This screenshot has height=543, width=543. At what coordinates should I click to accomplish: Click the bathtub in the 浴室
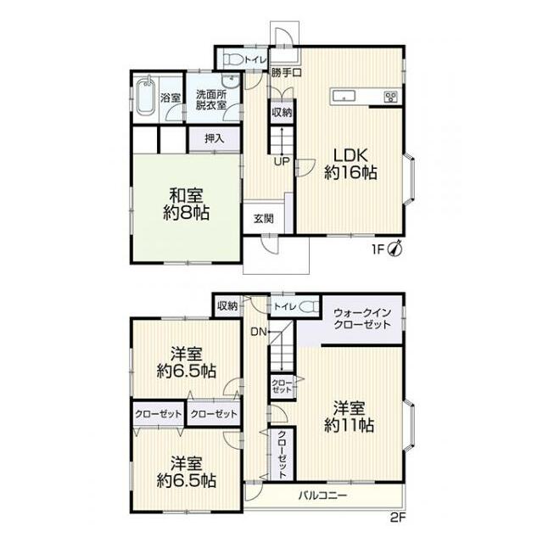[x=145, y=96]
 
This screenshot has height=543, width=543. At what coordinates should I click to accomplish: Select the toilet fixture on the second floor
[x=309, y=307]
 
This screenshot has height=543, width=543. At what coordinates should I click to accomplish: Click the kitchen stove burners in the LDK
[x=391, y=96]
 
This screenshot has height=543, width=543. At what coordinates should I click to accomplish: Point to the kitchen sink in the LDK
[x=344, y=96]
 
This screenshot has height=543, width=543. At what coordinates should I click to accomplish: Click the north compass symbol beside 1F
[x=395, y=249]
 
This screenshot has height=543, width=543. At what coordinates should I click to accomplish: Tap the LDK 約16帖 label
[x=350, y=164]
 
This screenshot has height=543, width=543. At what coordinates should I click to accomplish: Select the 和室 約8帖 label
[x=187, y=204]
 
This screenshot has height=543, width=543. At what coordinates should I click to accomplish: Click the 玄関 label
[x=264, y=219]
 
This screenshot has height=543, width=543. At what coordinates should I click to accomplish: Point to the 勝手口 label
[x=286, y=73]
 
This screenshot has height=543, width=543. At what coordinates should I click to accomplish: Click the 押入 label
[x=215, y=138]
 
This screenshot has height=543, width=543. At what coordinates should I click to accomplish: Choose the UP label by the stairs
[x=282, y=161]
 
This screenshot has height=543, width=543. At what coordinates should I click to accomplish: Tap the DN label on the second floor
[x=258, y=332]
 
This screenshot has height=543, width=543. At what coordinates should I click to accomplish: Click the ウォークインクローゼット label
[x=362, y=318]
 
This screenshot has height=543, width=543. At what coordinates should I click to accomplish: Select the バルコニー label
[x=322, y=495]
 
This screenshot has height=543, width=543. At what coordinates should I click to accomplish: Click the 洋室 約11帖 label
[x=349, y=417]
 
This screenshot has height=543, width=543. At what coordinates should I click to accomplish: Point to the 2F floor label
[x=398, y=518]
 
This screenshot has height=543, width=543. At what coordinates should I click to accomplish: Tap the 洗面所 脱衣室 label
[x=211, y=100]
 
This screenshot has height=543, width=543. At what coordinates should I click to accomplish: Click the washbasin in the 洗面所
[x=230, y=81]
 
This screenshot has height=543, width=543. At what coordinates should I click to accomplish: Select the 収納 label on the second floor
[x=227, y=305]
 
